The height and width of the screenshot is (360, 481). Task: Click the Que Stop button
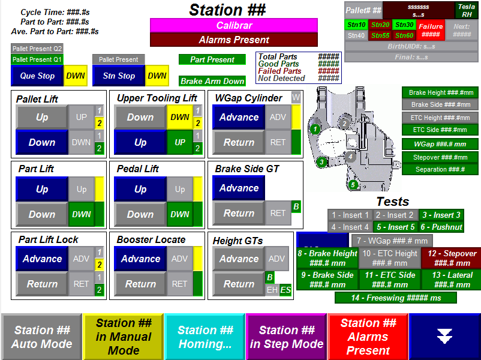[37, 76]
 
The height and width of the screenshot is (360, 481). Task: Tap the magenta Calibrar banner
[233, 25]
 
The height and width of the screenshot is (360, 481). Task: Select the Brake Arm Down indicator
[212, 81]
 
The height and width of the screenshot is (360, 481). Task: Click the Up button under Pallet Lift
[42, 117]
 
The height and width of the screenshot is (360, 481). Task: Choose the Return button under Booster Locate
[140, 284]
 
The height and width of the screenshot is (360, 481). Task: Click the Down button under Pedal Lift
[140, 214]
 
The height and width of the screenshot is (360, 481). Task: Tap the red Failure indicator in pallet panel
[431, 30]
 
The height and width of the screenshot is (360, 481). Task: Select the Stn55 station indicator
[380, 35]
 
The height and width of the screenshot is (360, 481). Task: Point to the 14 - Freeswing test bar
[395, 298]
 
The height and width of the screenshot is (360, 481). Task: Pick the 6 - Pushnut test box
[441, 227]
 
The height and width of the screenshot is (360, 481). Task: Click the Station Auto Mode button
[41, 337]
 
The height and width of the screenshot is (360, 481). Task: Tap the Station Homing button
[205, 337]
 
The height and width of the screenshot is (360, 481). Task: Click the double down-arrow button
[444, 337]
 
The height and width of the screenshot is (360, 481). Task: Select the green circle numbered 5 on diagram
[353, 184]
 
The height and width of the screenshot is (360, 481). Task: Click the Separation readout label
[440, 169]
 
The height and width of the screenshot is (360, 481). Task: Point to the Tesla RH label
[467, 10]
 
